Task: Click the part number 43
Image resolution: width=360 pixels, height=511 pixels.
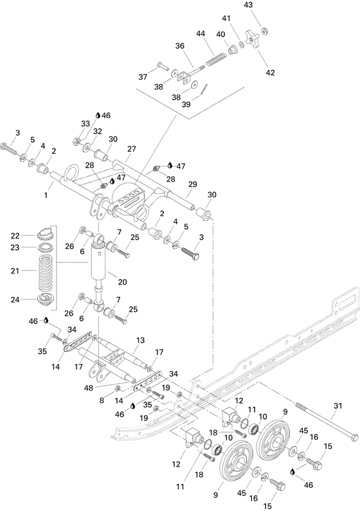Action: coord(266,5)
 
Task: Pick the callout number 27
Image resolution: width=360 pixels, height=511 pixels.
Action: coord(131,148)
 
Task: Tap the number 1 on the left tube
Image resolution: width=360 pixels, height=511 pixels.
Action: coord(46,193)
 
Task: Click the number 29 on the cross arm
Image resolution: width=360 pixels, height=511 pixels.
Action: coord(192,184)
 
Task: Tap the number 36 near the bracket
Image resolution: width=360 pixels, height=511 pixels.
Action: coord(179,46)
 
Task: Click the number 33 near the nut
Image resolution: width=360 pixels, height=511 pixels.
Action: coord(85,123)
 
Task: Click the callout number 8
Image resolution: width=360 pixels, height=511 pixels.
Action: coord(102,400)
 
